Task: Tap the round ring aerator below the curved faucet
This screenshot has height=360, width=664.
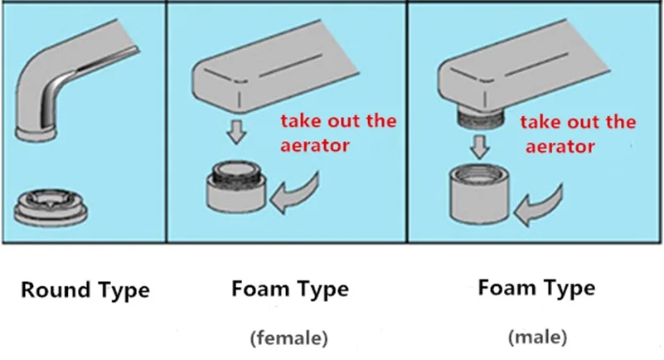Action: click(51, 207)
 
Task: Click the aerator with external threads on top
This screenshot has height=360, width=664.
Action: click(236, 187)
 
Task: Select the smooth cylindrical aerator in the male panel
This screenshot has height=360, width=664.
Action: click(479, 194)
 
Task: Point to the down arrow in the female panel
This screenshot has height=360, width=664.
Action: click(236, 132)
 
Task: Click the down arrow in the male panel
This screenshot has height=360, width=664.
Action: click(480, 147)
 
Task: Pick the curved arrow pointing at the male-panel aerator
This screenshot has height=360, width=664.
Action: click(540, 207)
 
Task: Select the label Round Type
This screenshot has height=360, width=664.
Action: click(85, 290)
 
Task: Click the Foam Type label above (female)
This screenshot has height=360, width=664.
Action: click(290, 289)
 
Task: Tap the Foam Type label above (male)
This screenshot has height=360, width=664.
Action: click(536, 288)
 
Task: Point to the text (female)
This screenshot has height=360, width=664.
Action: click(289, 338)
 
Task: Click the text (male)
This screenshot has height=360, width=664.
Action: click(537, 337)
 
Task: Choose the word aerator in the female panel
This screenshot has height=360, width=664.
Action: click(315, 146)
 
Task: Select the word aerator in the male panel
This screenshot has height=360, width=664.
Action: click(560, 147)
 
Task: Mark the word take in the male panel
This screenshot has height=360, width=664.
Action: click(540, 122)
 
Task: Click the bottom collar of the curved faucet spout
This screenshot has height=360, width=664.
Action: click(36, 134)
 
